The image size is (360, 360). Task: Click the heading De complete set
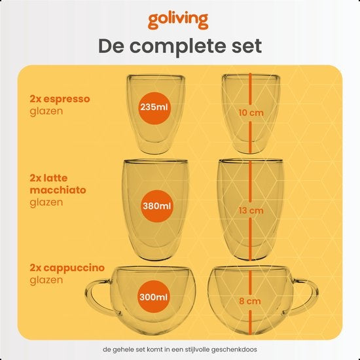[x=179, y=46]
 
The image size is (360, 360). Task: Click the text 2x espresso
[x=60, y=99]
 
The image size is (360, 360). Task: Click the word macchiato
[x=57, y=190]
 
